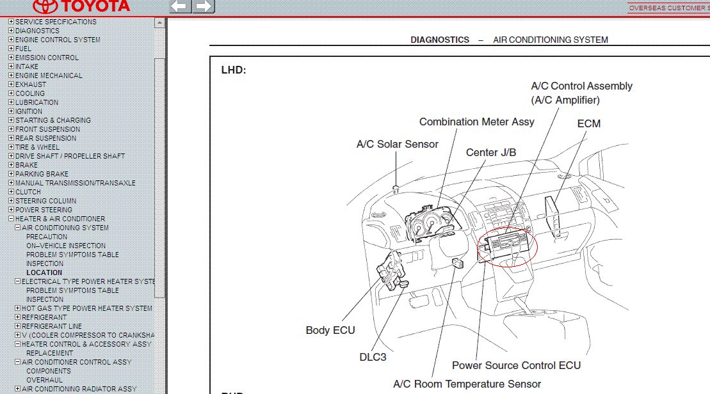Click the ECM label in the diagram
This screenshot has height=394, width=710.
(588, 123)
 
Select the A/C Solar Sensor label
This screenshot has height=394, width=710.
(397, 144)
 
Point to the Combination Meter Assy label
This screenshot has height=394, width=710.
(476, 122)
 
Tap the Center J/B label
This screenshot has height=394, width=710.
(490, 152)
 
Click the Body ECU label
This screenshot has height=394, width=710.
(330, 330)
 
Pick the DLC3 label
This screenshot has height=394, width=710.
(373, 357)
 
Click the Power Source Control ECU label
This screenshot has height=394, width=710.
(516, 365)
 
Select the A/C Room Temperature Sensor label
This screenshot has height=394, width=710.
(467, 384)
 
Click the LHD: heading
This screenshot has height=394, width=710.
(234, 70)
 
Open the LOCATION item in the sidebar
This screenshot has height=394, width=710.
(44, 272)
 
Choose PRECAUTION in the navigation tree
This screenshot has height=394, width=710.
(47, 237)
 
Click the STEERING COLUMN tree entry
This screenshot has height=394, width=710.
(45, 201)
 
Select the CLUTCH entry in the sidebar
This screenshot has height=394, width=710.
(28, 192)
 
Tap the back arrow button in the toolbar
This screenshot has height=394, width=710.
(180, 6)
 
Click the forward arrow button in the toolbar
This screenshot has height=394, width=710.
(204, 6)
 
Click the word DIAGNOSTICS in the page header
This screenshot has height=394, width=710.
(440, 40)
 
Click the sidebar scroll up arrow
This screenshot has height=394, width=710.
(160, 22)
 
